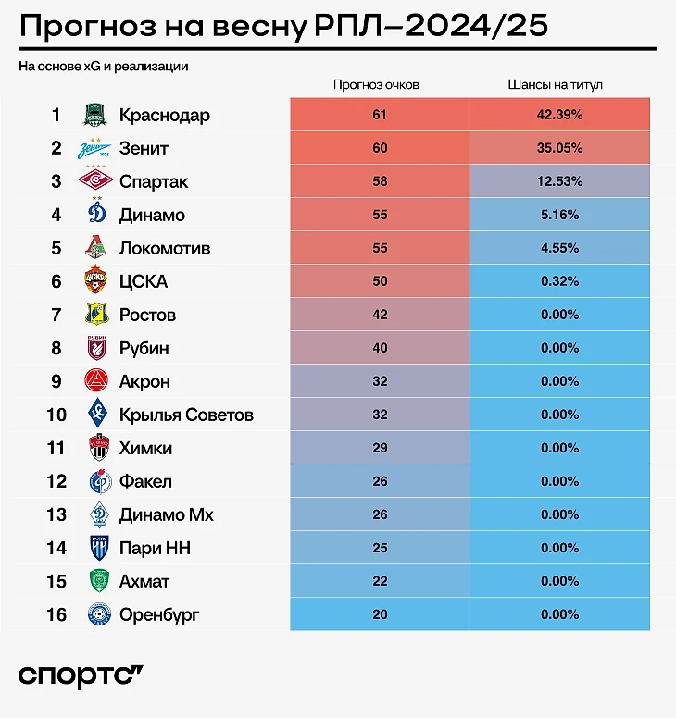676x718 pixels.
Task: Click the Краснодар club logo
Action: click(96, 115)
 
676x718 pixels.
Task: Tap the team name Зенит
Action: click(144, 148)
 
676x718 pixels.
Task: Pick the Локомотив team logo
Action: click(96, 248)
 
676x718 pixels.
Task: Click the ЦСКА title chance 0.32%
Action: click(557, 281)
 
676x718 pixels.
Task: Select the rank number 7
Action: click(56, 315)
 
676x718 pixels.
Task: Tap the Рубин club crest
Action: click(96, 348)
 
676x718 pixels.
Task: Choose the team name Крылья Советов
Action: click(186, 415)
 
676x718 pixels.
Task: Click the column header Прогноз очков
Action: click(376, 84)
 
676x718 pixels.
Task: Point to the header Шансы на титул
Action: click(556, 84)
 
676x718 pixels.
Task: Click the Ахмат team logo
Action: click(97, 581)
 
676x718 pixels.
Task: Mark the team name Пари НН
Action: click(155, 548)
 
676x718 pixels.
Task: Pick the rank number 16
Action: click(56, 614)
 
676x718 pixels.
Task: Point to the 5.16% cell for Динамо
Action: click(557, 215)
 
